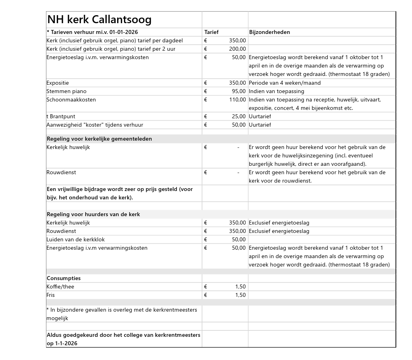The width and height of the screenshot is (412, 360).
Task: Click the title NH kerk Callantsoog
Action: tap(99, 20)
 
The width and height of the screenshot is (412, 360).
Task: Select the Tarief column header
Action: tap(211, 32)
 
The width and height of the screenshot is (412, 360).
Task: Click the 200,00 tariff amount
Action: tap(238, 49)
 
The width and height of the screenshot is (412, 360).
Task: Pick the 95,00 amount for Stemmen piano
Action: tap(239, 91)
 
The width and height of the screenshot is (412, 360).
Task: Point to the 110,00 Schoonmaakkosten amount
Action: tap(238, 99)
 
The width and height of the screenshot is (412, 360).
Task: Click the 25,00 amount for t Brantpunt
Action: tap(239, 116)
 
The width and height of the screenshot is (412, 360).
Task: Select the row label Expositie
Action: tap(58, 83)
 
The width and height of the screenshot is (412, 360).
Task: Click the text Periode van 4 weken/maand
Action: tap(284, 83)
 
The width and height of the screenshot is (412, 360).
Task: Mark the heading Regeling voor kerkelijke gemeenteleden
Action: tap(99, 139)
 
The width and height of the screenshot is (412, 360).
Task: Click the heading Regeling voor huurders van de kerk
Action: tap(93, 214)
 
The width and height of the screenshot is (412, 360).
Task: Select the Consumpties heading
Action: tap(64, 278)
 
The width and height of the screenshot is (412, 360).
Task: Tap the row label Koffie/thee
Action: tap(60, 286)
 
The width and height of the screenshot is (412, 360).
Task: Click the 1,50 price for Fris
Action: tap(240, 295)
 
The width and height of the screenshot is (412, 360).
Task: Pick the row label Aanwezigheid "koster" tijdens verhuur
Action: tap(95, 125)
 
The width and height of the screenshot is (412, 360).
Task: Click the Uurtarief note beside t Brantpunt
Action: tap(260, 116)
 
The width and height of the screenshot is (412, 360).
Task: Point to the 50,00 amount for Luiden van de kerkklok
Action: tap(239, 239)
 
